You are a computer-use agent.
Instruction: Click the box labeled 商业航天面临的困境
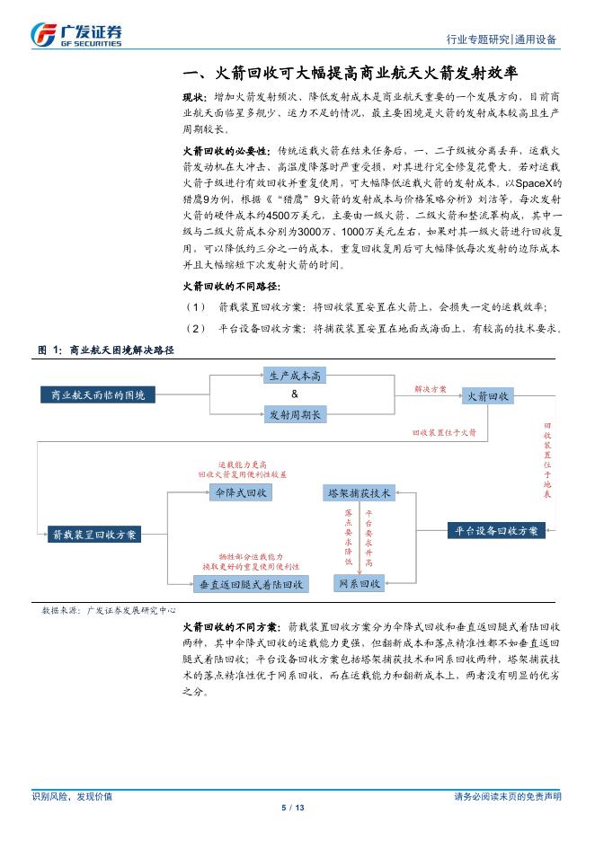pos(98,394)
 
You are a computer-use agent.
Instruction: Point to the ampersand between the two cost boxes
pos(294,395)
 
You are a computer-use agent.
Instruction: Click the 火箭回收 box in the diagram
pos(487,395)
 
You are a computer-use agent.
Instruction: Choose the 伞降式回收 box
pos(237,492)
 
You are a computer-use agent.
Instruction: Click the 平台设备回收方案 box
pos(497,531)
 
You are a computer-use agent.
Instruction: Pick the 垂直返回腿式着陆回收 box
pos(250,584)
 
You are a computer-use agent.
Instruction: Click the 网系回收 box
pos(360,584)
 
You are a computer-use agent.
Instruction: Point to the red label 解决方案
pos(430,390)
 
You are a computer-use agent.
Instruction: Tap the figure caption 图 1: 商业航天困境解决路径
pos(106,349)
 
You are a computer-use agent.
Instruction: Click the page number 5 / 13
pos(294,808)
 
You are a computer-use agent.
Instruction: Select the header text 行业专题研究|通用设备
pos(501,40)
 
